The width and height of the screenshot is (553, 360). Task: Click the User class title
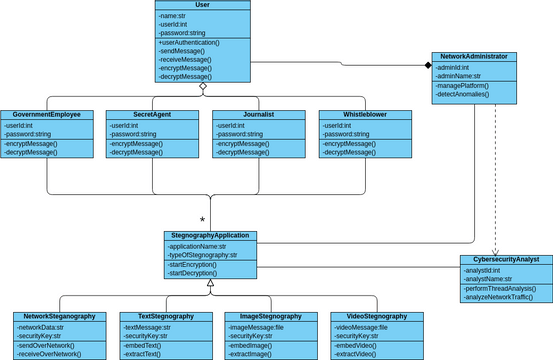coord(203,5)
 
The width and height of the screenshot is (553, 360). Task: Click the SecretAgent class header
coord(152,115)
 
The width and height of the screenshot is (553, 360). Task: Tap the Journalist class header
coord(258,115)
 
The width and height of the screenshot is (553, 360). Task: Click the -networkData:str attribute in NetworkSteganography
coord(40,326)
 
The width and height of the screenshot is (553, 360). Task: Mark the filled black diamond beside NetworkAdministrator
coord(427,66)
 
